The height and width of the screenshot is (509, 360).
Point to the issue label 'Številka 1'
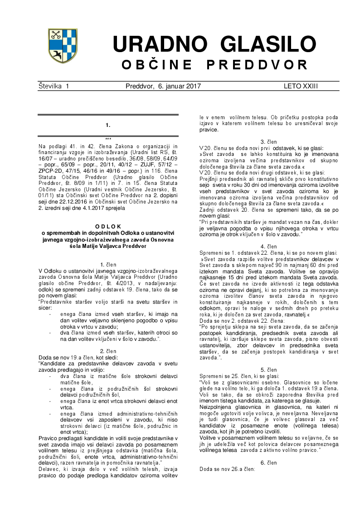[x=54, y=86]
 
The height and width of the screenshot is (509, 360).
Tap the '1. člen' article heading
[x=108, y=264]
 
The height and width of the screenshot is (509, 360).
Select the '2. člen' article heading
[x=108, y=351]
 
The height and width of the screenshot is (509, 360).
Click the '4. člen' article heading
[x=269, y=246]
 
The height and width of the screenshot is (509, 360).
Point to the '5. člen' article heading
[x=269, y=370]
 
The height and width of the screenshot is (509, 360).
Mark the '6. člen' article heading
[x=269, y=462]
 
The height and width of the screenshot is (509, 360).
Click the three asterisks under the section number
[x=108, y=139]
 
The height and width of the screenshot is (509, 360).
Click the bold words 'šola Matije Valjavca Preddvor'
[x=108, y=246]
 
